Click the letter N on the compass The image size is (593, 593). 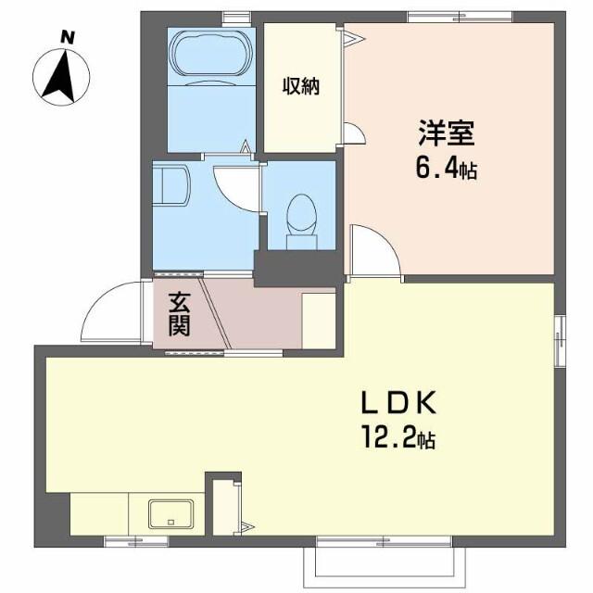coord(67,37)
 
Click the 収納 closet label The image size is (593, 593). coord(301,87)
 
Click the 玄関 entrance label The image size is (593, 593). coord(180,314)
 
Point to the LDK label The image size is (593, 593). coord(398,404)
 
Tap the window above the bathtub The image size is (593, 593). coord(235,15)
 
